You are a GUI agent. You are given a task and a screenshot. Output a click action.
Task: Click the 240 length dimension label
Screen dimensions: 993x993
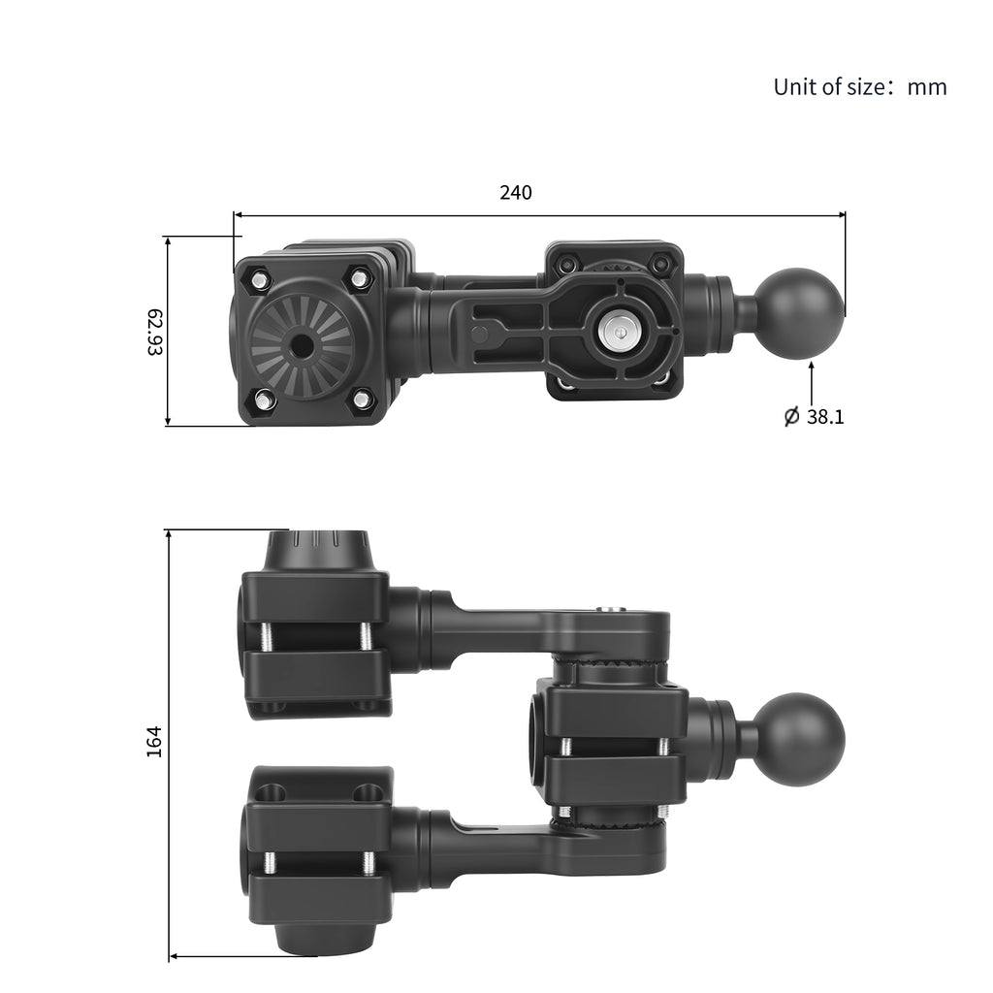pyautogui.click(x=516, y=193)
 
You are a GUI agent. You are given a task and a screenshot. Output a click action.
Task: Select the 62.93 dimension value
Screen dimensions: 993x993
pyautogui.click(x=154, y=332)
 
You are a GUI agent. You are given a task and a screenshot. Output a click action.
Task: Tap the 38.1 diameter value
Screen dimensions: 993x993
pyautogui.click(x=825, y=417)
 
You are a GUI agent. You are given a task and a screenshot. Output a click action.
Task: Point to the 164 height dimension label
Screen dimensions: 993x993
pyautogui.click(x=154, y=741)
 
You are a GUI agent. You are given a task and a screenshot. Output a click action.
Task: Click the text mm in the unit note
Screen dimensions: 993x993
pyautogui.click(x=927, y=87)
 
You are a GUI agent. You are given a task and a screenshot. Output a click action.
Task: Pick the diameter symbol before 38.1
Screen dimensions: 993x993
pyautogui.click(x=791, y=417)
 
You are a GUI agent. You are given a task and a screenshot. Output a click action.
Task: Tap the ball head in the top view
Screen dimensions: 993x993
pyautogui.click(x=800, y=313)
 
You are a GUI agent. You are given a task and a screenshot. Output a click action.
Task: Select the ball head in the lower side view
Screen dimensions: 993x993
pyautogui.click(x=799, y=740)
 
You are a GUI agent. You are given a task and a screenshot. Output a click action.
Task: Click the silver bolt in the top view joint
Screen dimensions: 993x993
pyautogui.click(x=617, y=331)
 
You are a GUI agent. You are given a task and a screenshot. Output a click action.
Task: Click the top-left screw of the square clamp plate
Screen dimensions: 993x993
pyautogui.click(x=260, y=279)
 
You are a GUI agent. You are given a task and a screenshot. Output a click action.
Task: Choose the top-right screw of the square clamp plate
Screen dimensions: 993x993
pyautogui.click(x=360, y=279)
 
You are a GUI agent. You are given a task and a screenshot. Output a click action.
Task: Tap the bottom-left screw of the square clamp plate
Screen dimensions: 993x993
pyautogui.click(x=263, y=398)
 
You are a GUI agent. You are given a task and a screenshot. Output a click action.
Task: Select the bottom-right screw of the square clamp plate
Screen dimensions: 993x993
pyautogui.click(x=361, y=398)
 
